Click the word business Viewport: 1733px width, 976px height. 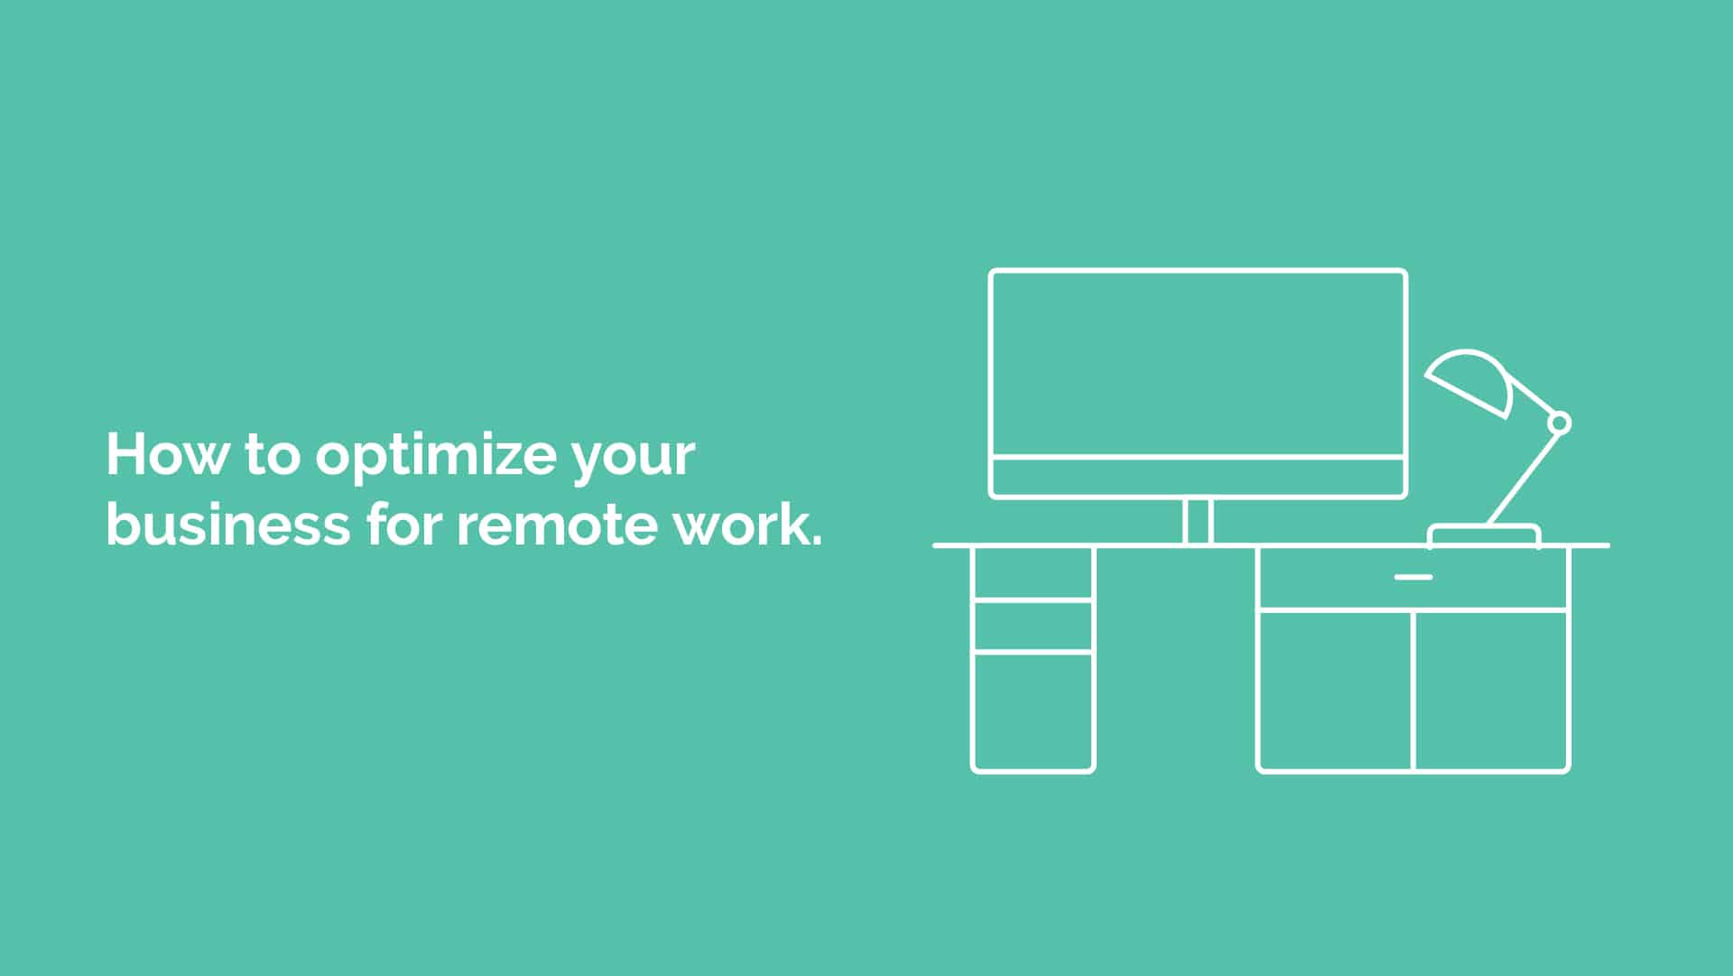tap(228, 524)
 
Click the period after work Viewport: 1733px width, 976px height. tap(817, 542)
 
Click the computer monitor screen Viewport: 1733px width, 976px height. tap(1198, 364)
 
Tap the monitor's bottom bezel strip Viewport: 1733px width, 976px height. tap(1198, 477)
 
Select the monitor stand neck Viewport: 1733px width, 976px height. tap(1198, 521)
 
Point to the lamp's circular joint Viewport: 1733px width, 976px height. tap(1559, 423)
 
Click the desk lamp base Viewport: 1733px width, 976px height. tap(1484, 534)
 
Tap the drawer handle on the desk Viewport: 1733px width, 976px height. tap(1413, 577)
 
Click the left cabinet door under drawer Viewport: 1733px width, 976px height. tap(1335, 691)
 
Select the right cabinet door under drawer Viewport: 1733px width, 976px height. tap(1491, 691)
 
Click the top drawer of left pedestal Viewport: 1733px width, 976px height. tap(1033, 572)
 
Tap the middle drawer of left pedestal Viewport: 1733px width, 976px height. tap(1033, 625)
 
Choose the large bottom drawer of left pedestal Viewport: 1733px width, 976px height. tap(1033, 711)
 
